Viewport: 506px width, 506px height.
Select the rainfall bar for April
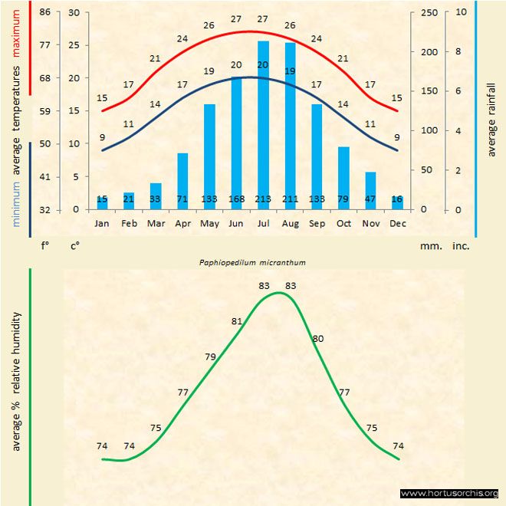click(x=182, y=181)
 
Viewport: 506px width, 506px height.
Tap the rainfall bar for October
click(x=343, y=178)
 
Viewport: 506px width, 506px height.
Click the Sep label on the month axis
click(x=317, y=224)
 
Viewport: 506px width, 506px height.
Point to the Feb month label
click(x=129, y=224)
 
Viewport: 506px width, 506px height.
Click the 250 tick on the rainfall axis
click(x=430, y=12)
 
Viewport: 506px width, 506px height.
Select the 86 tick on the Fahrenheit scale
click(x=45, y=12)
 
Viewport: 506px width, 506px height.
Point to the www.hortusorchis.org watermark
click(x=449, y=493)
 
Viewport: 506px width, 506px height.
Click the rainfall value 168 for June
click(x=236, y=199)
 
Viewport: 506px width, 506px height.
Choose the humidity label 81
click(x=236, y=321)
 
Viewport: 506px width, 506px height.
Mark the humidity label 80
click(x=318, y=338)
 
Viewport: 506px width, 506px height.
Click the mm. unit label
click(x=429, y=247)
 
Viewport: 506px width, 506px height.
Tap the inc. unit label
click(x=460, y=247)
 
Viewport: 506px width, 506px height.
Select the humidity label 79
click(x=210, y=356)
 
